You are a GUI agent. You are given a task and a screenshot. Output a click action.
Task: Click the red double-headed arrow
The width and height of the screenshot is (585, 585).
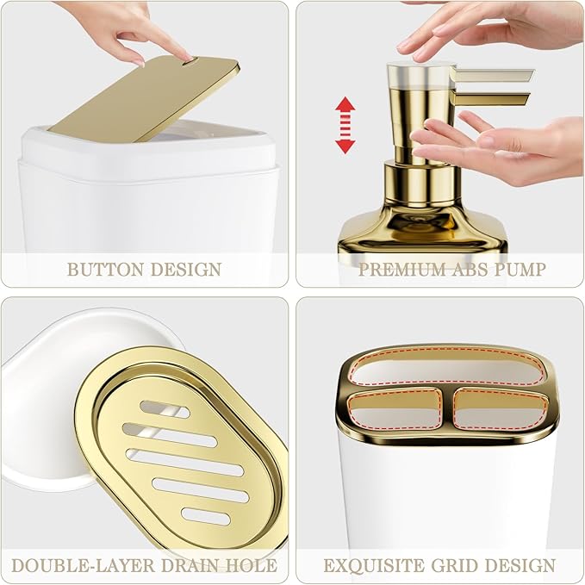(x=345, y=126)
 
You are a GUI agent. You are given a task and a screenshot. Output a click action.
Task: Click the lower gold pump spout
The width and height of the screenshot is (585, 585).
(x=489, y=99)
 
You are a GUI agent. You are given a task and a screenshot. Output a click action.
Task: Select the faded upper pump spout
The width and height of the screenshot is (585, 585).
(x=493, y=76)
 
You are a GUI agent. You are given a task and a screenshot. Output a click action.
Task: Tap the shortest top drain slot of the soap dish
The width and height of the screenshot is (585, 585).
(x=165, y=409)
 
